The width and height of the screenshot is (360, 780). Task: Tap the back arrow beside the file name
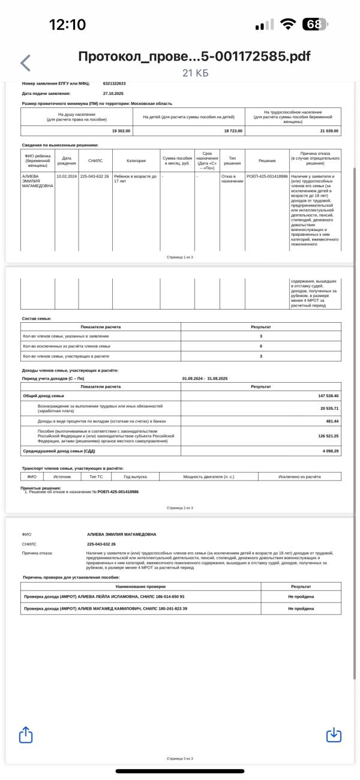click(x=25, y=62)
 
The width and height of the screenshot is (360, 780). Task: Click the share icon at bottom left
click(x=26, y=734)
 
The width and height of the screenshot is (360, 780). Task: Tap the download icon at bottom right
click(x=334, y=734)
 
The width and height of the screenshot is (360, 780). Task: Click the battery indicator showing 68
click(x=315, y=25)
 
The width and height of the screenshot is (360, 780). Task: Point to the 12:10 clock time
click(x=67, y=25)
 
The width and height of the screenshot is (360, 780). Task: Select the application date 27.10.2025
click(x=113, y=94)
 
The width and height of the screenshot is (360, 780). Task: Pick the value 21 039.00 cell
click(x=329, y=131)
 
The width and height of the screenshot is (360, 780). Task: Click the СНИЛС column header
click(x=95, y=161)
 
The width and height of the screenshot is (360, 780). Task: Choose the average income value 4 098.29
click(x=329, y=451)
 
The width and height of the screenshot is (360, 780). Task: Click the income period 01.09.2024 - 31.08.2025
click(x=205, y=379)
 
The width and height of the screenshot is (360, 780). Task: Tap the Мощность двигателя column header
click(x=208, y=477)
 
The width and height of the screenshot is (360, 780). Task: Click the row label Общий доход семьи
click(x=43, y=396)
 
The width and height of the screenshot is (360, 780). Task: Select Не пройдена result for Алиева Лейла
click(x=301, y=597)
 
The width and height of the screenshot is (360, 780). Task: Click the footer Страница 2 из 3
click(x=179, y=508)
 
